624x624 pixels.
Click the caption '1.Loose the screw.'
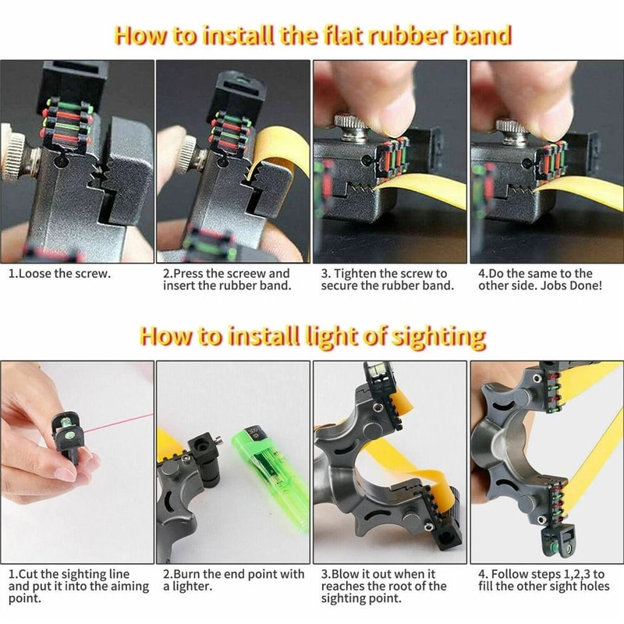[59, 274]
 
